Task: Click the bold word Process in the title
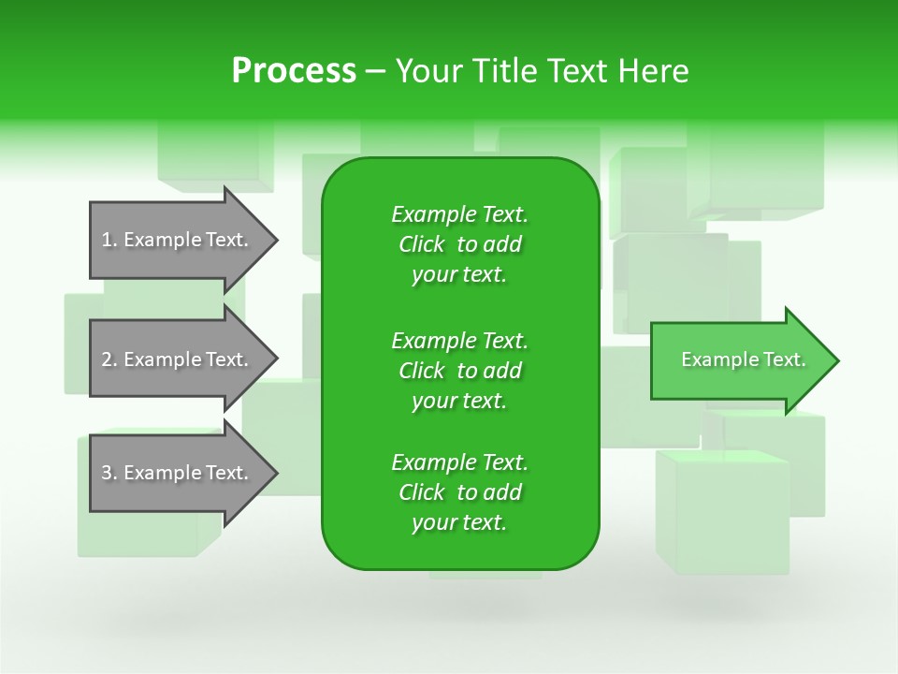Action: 294,71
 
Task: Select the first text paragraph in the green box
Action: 459,244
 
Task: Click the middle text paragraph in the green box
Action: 459,371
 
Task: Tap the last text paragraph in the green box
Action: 459,492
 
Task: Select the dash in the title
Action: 376,71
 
